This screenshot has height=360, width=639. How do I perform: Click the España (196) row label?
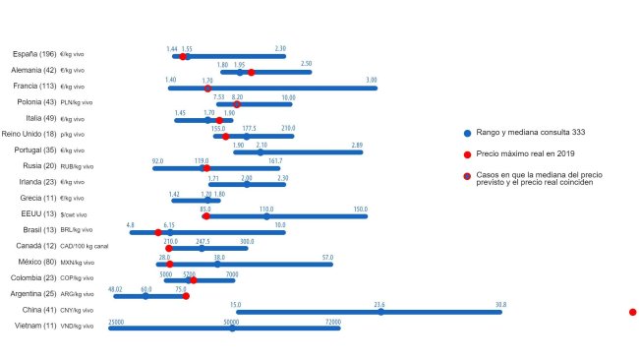point(34,55)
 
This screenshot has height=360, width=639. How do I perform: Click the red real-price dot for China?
point(632,312)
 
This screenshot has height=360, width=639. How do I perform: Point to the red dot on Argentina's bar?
point(186,295)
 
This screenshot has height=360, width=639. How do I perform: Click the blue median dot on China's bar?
point(380,312)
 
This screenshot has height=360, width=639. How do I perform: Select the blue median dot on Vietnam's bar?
point(232,328)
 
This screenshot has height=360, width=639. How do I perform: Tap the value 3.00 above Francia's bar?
point(372,80)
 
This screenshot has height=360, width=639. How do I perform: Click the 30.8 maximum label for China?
point(500,305)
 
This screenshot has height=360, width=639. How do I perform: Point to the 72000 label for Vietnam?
point(333,321)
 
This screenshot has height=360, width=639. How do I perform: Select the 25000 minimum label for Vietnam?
point(116,321)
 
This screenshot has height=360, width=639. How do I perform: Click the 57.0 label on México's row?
point(327,257)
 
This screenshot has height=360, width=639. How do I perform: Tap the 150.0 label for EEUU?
point(361,209)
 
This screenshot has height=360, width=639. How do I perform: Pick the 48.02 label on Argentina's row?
point(115,289)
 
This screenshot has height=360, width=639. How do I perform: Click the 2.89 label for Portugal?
point(357,145)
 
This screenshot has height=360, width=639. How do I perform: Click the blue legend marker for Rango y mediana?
point(467,132)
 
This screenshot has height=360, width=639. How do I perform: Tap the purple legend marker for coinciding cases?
point(467,176)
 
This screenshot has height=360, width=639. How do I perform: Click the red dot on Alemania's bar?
point(252,72)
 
